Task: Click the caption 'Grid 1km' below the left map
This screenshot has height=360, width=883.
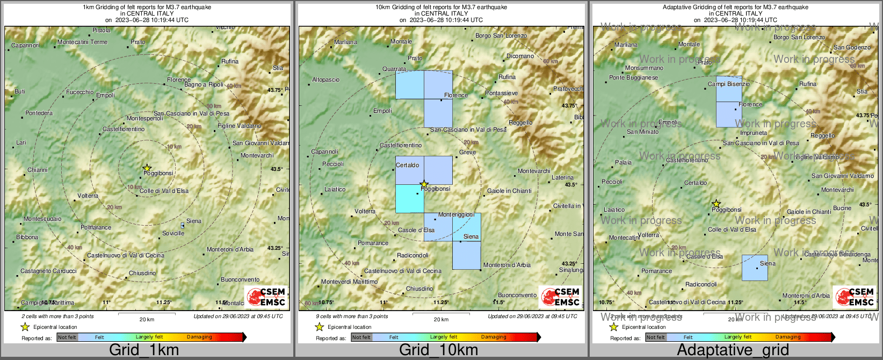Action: (144, 350)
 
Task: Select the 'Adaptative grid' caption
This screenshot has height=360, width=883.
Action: (733, 350)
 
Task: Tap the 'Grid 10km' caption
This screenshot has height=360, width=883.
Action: (438, 350)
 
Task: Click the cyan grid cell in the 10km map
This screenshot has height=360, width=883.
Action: (410, 198)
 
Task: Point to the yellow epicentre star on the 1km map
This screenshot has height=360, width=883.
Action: (147, 168)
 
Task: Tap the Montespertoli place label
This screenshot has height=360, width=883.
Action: (144, 119)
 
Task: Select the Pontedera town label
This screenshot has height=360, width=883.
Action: (39, 113)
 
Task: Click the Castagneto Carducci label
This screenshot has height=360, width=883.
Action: (48, 271)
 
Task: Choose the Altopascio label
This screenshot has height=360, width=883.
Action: (326, 80)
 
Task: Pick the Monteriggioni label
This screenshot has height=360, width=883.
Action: (456, 215)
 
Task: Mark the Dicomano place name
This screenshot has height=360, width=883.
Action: (520, 56)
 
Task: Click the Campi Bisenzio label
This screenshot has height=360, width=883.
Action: (729, 84)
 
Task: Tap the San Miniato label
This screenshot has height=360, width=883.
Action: (642, 132)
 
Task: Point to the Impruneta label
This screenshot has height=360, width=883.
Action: (754, 133)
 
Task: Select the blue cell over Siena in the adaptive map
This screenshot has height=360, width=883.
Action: (755, 268)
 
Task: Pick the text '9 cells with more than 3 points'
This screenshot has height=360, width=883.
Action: (352, 316)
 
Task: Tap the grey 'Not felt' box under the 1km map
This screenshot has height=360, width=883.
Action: (67, 337)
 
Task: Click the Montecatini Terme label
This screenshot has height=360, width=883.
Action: (83, 42)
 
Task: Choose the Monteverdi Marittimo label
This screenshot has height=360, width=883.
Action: (349, 282)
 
